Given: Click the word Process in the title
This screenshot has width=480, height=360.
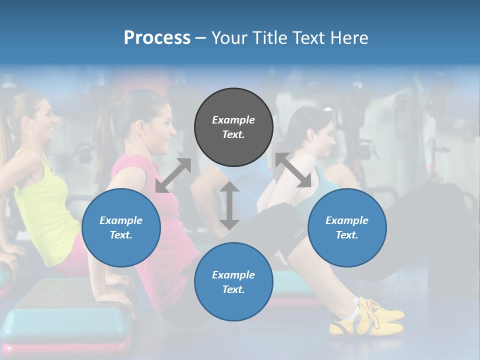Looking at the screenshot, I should (x=157, y=38).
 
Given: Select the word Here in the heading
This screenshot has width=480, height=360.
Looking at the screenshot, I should (x=349, y=38).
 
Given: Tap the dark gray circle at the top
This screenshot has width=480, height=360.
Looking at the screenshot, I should (x=233, y=127).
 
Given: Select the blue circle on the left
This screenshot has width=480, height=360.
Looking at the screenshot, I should (x=121, y=227).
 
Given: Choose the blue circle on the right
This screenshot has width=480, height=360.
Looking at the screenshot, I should (x=347, y=227).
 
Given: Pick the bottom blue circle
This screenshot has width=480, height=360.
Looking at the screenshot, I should (x=233, y=282).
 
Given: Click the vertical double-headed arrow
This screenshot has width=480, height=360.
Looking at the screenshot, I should (x=229, y=205).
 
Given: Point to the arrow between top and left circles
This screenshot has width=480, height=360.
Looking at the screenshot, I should (x=173, y=175).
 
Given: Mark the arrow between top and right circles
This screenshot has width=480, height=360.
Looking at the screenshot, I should (x=292, y=170).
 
